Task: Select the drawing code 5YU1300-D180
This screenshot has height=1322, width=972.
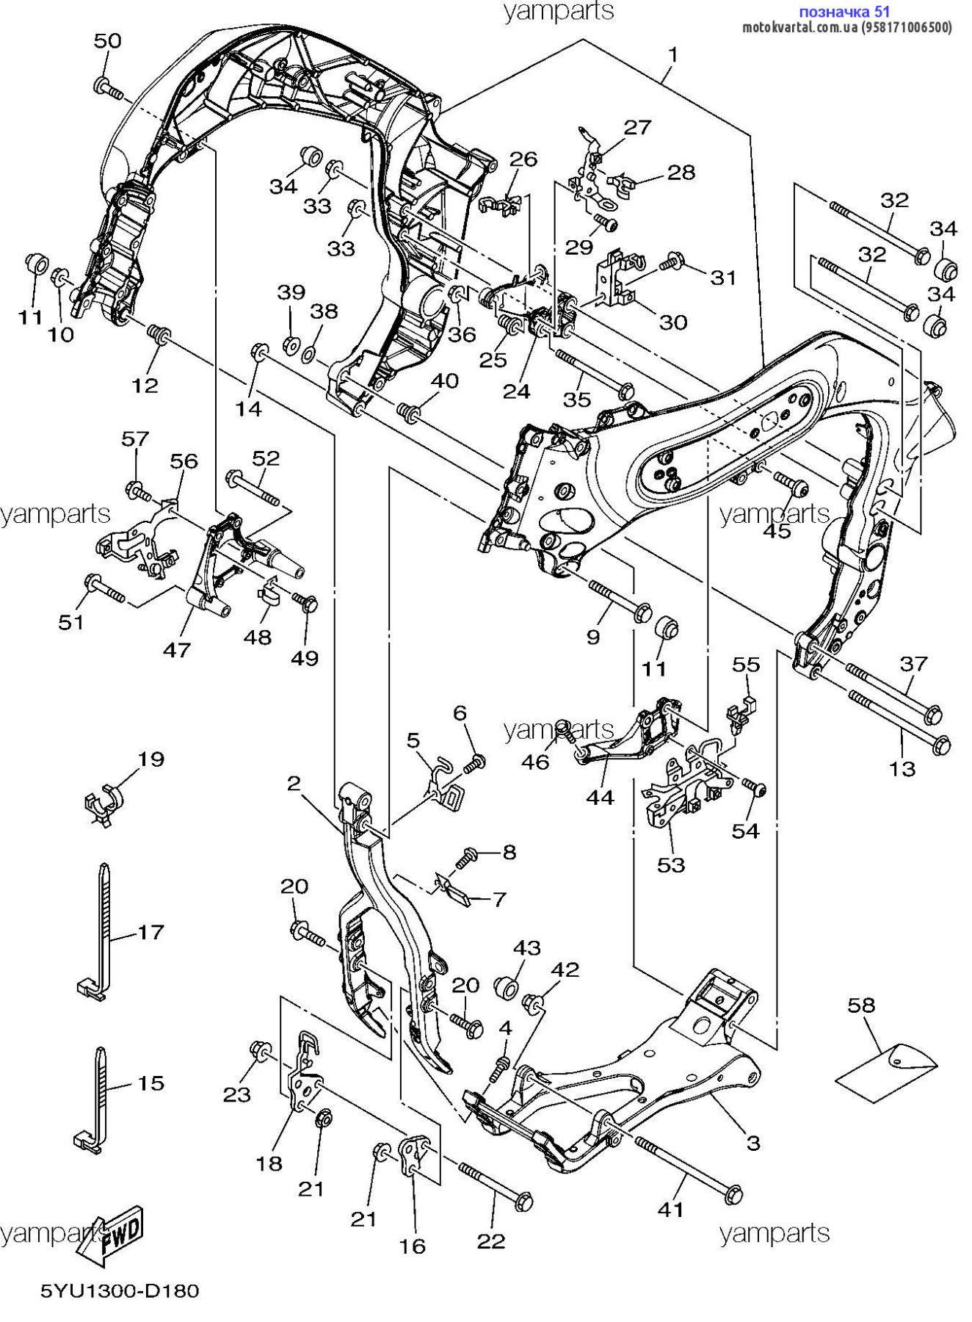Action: (x=120, y=1290)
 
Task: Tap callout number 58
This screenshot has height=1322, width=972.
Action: (x=861, y=1004)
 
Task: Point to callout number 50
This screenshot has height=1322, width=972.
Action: (x=107, y=40)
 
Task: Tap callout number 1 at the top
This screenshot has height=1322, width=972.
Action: (x=672, y=54)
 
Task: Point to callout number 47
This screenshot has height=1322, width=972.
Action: (x=177, y=649)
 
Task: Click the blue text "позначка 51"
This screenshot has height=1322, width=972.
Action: (x=844, y=12)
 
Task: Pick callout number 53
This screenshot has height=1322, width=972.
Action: (x=671, y=864)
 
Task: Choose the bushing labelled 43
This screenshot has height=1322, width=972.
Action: (x=506, y=987)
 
